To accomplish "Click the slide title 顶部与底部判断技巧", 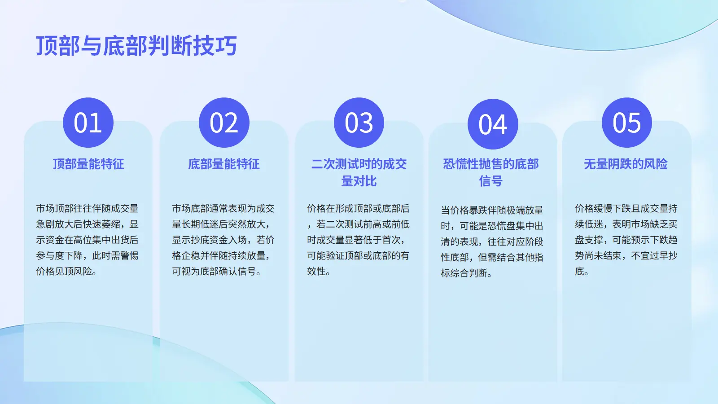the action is [x=136, y=45].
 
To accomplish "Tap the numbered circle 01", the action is [x=88, y=123].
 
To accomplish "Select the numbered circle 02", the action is [x=224, y=123].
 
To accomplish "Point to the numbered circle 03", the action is [x=359, y=123].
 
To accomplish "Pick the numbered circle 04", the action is [x=493, y=124].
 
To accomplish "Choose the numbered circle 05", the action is [x=627, y=123].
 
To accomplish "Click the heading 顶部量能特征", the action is [x=88, y=164].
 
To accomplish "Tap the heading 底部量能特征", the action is [x=224, y=164].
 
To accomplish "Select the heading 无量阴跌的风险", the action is [x=626, y=164].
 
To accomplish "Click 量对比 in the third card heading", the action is [x=359, y=181].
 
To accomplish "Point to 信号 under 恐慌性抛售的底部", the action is [x=491, y=181].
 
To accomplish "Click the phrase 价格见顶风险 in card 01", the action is [x=66, y=271].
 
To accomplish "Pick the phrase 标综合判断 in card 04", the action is [x=466, y=273].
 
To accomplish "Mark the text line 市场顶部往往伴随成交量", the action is [x=87, y=208].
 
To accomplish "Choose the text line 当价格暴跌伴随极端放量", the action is [x=492, y=210].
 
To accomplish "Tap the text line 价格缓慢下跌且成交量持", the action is [x=626, y=208].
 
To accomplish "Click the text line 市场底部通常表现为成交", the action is [x=223, y=208].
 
